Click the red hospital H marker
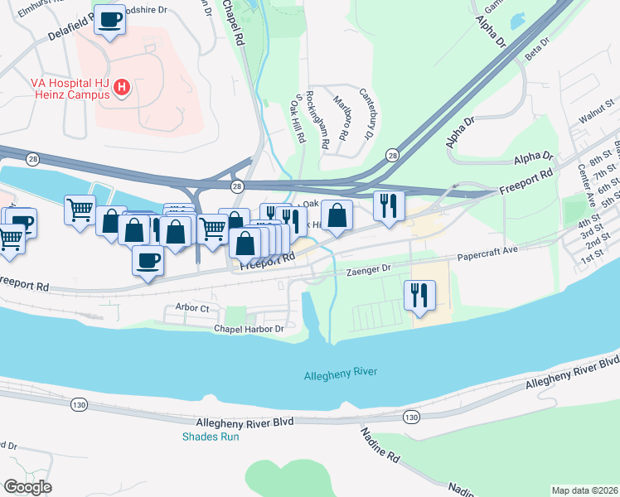tap(122, 87)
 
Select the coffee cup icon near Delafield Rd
tap(109, 20)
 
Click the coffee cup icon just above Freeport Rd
tap(148, 260)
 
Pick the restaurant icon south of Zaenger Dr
tap(419, 294)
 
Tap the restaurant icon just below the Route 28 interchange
tap(388, 205)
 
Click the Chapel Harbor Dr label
tap(249, 329)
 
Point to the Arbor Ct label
tap(192, 307)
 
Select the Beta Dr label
tap(537, 49)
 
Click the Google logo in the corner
tap(28, 486)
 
